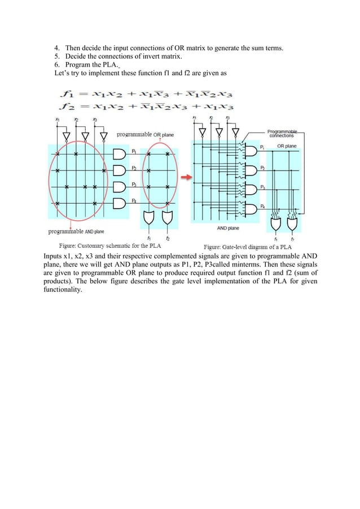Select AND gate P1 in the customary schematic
(x=121, y=153)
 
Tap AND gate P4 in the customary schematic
(x=121, y=203)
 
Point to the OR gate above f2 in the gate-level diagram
(x=293, y=223)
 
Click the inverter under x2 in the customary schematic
(x=86, y=135)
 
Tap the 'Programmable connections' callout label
(x=286, y=133)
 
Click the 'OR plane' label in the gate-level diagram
(x=287, y=146)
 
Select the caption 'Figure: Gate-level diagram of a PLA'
(x=248, y=247)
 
